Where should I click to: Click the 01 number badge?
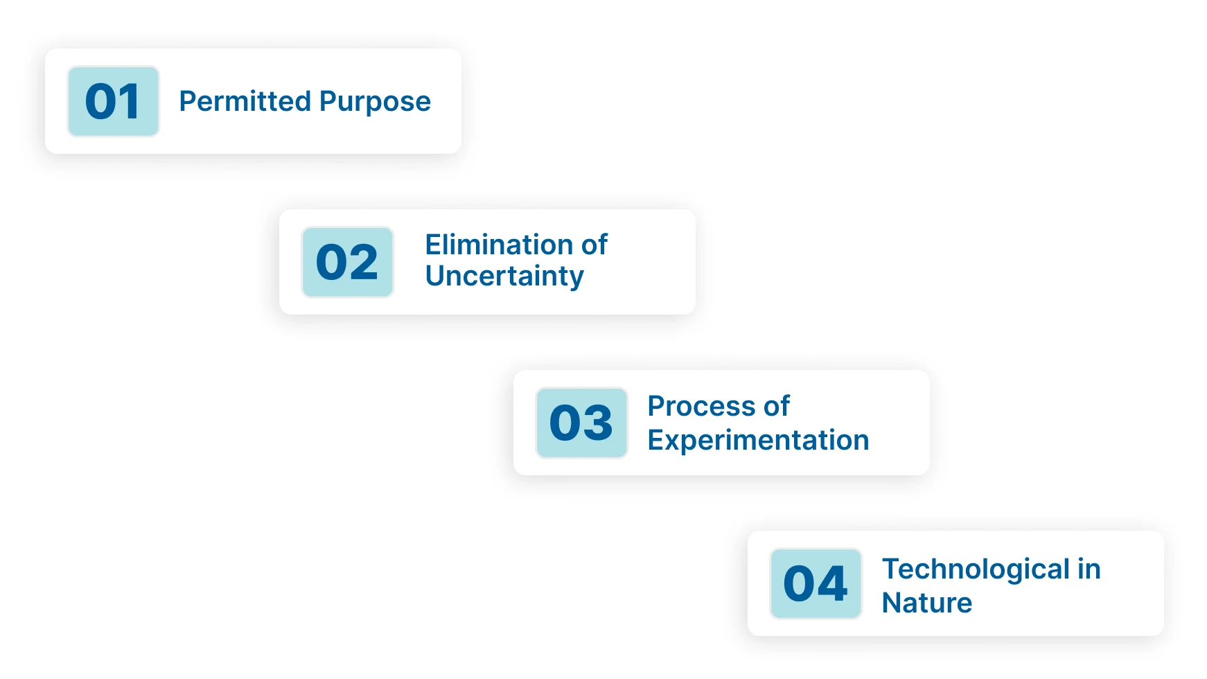113,101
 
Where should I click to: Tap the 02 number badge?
347,262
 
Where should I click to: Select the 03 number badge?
581,423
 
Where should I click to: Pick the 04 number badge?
816,583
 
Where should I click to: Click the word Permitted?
245,101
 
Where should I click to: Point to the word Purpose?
375,102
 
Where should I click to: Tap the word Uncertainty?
504,276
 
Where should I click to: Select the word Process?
701,406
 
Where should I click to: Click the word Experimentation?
758,440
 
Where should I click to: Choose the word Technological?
976,570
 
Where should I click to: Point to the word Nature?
926,603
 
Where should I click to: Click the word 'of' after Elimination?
594,245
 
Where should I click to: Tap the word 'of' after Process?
776,406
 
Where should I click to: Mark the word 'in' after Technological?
1089,570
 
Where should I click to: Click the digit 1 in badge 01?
130,101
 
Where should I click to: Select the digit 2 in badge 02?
364,262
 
